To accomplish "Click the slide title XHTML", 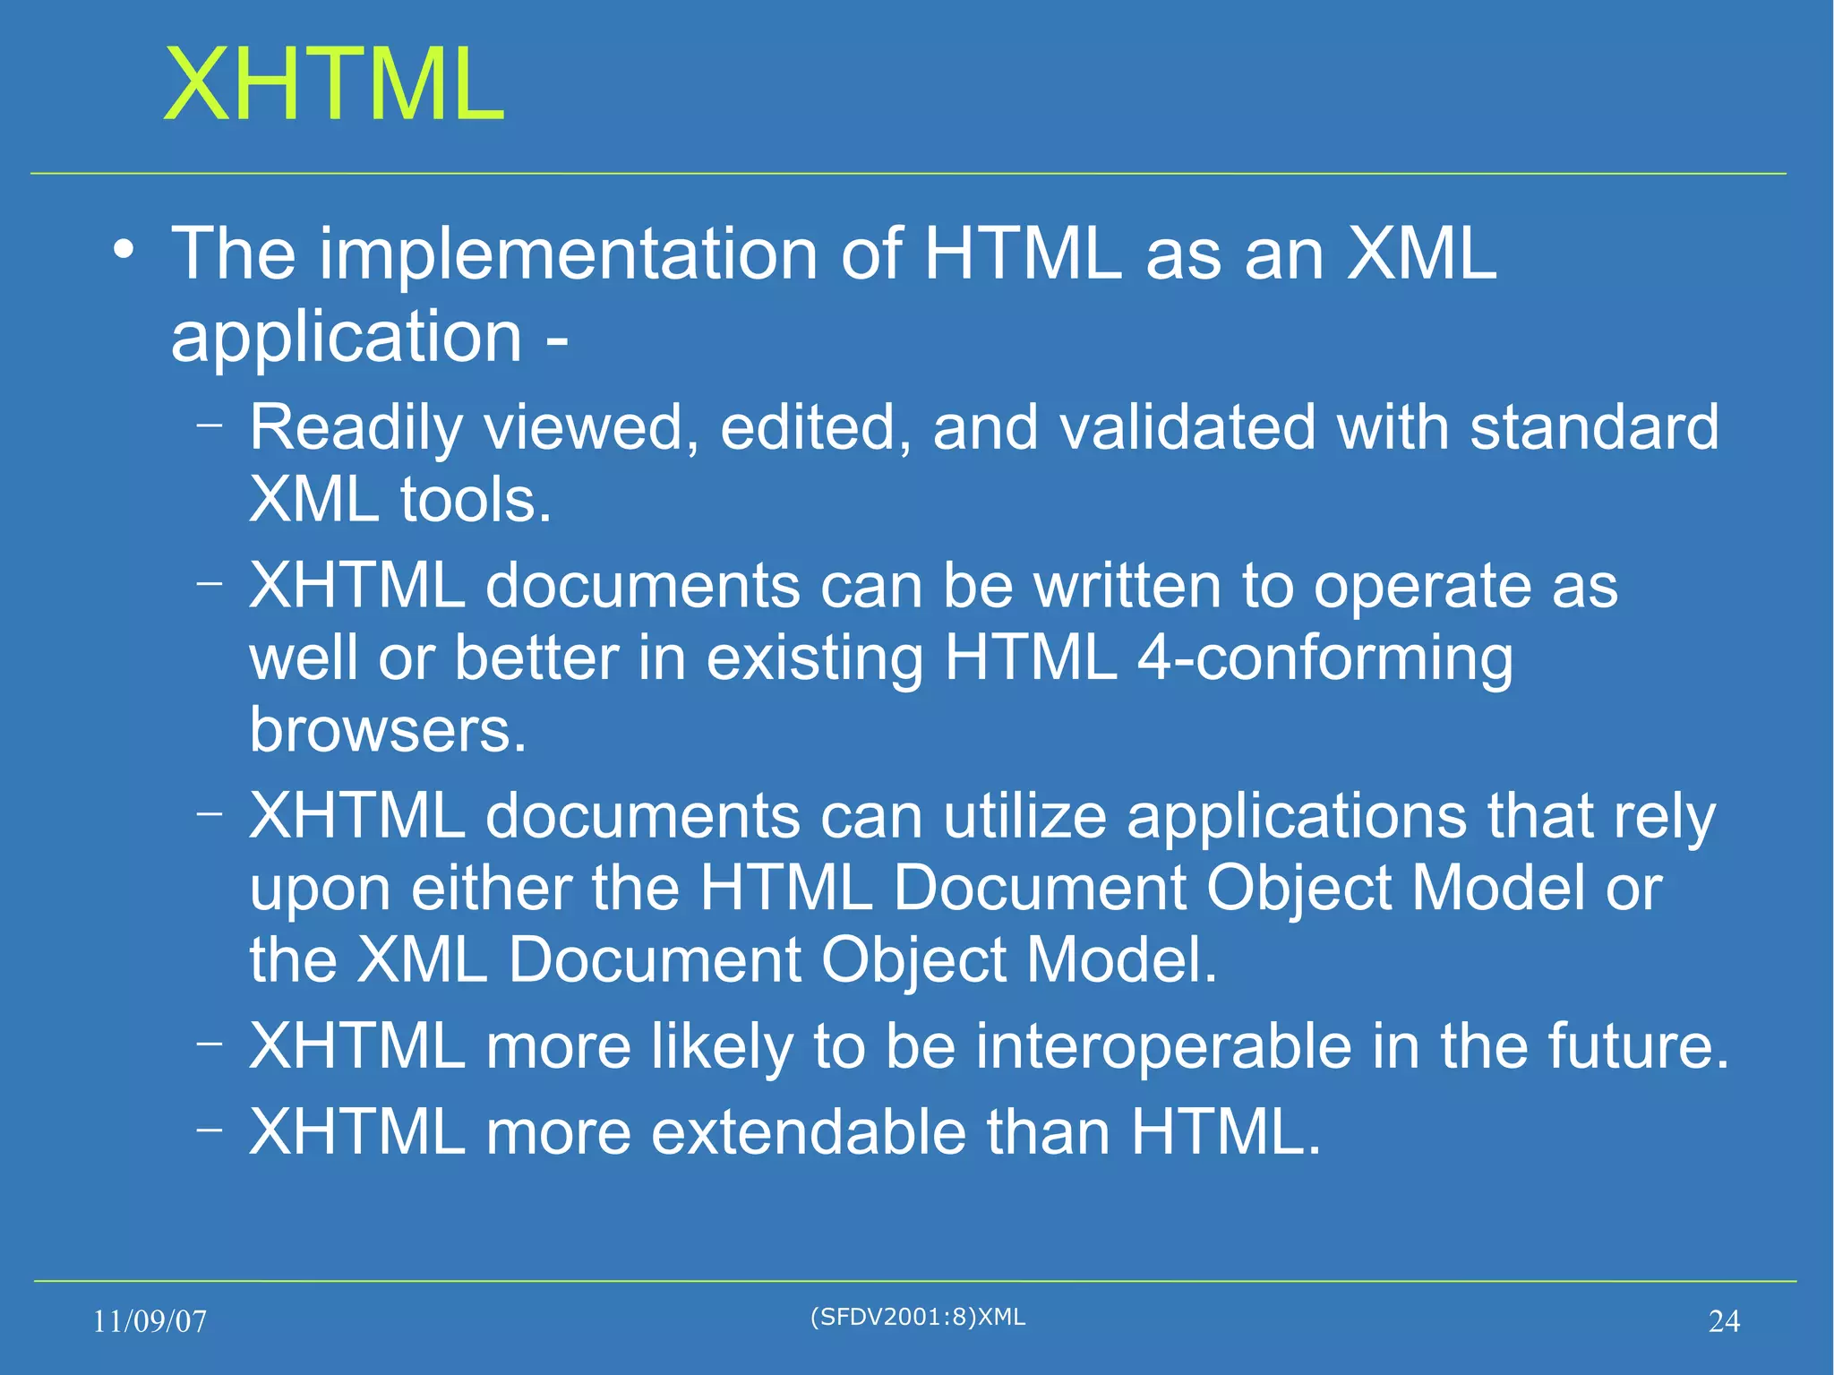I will click(334, 85).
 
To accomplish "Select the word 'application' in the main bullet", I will click(347, 339).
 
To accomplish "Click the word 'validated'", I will click(1187, 427).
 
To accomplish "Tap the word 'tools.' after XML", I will click(476, 500).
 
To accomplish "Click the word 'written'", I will click(1127, 587).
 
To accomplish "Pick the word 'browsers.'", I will click(388, 730).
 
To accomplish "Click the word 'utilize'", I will click(1024, 817).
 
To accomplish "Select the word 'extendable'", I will click(808, 1132).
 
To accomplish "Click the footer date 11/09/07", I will click(150, 1321).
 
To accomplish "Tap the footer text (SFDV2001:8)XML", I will click(917, 1317).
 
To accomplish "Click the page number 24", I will click(1724, 1321).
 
